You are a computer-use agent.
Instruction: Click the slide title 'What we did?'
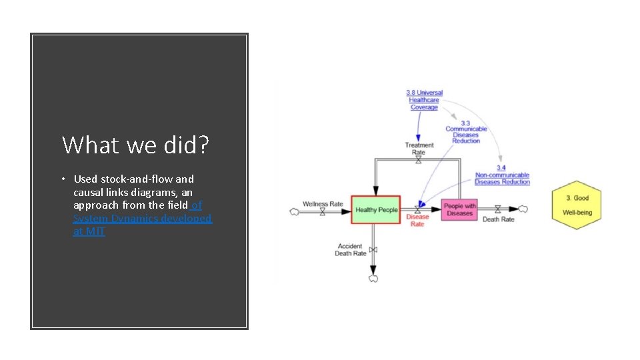coord(135,145)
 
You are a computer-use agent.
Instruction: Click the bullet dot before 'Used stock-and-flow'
coord(62,179)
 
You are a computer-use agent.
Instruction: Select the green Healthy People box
coord(376,210)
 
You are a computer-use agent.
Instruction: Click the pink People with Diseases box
coord(459,210)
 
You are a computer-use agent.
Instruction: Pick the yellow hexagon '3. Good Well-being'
coord(577,205)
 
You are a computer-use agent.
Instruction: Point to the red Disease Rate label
coord(417,221)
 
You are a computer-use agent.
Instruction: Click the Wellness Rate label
coord(323,203)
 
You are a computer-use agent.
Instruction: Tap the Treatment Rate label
coord(419,149)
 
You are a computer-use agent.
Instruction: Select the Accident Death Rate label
coord(351,250)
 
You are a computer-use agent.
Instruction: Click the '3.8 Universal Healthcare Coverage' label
coord(424,100)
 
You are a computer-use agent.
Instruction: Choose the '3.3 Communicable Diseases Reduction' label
coord(466,132)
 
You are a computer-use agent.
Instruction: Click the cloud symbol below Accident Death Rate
coord(373,278)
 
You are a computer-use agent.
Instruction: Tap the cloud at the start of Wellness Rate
coord(293,211)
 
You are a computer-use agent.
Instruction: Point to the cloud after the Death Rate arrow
coord(523,209)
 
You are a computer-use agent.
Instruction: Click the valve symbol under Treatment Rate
coord(419,160)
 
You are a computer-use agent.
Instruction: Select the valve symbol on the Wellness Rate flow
coord(323,211)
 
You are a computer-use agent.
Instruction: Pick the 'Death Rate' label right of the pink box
coord(498,219)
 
